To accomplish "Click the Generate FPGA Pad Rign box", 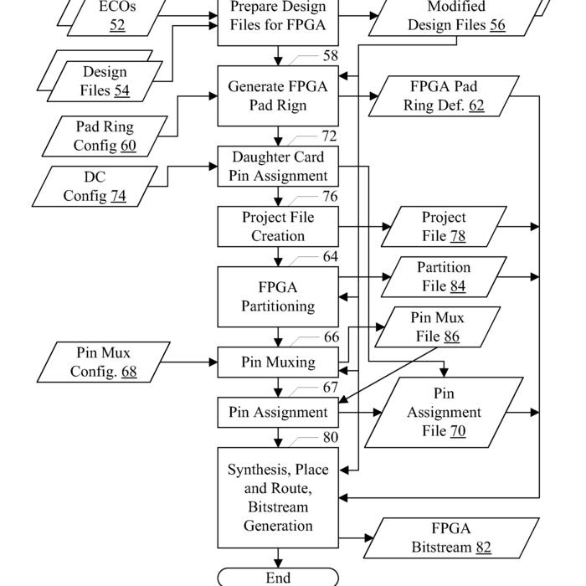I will pos(278,96).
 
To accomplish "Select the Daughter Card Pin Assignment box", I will pos(278,167).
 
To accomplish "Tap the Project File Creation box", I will pos(278,227).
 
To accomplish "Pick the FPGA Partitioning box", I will pos(278,296).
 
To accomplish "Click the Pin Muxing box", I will pos(278,362).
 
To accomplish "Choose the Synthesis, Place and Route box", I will pos(278,498).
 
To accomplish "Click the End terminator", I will pos(278,578).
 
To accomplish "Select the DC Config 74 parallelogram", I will pos(95,187).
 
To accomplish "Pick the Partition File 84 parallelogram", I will pos(444,277).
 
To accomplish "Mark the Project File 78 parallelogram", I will pos(444,227).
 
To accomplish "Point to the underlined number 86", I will pos(451,337).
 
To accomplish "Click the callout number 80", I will pos(331,437).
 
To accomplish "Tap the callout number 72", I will pos(329,136).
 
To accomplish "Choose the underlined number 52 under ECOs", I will pos(117,25).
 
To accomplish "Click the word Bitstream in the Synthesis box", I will pos(278,507).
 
